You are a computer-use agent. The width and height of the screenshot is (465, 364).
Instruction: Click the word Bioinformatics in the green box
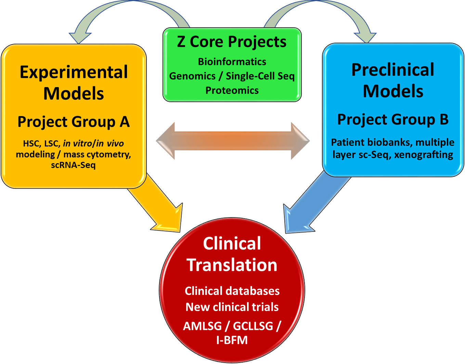232,62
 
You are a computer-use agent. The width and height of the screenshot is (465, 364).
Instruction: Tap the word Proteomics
232,90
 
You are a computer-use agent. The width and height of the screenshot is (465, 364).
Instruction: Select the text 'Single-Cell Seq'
260,76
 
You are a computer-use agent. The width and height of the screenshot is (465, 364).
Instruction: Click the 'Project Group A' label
74,122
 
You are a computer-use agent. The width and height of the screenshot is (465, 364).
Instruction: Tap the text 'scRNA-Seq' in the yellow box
73,165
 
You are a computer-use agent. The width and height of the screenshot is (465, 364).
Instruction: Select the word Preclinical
393,70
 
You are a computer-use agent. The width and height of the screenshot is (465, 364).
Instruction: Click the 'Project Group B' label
393,119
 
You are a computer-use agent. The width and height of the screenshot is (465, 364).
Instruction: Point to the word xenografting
424,155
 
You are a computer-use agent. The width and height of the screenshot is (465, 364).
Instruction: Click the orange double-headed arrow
233,141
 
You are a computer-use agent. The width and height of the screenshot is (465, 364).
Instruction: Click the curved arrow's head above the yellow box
80,38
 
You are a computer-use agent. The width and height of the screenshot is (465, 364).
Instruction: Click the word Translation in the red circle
232,265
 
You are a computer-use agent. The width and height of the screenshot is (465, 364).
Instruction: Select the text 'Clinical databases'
232,291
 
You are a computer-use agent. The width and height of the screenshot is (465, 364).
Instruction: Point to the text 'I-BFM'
232,340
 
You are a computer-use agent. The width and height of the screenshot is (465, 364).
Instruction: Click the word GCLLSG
253,326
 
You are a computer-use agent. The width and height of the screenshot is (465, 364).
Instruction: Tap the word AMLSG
203,326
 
